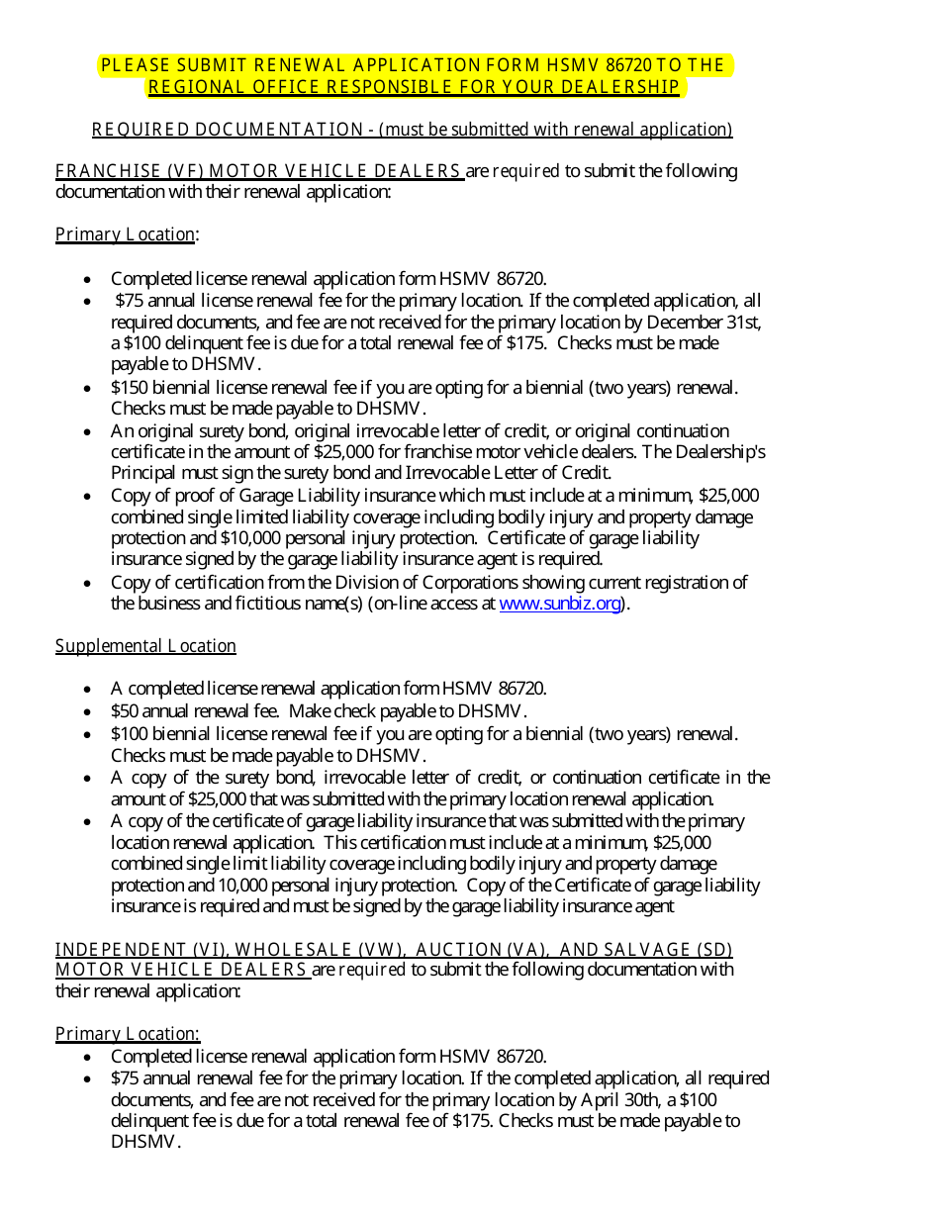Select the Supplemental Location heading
(x=145, y=646)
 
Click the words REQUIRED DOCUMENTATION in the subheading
(x=228, y=130)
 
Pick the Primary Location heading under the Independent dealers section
(x=127, y=1034)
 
